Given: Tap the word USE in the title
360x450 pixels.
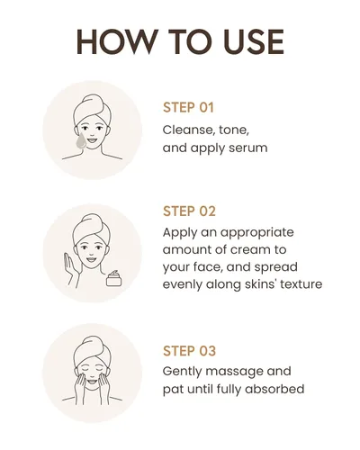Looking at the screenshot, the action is (254, 41).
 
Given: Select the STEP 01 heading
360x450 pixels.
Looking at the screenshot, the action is (188, 108).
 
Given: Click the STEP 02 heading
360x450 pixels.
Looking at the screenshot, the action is (189, 211).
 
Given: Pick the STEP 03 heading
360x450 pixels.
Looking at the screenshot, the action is (189, 351).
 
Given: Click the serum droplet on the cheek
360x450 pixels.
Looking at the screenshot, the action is (80, 141).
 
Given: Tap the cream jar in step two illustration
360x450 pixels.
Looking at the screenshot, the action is (114, 278).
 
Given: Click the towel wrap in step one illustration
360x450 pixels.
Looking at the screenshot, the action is (92, 108).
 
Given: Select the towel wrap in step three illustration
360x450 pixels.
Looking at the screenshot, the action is (92, 349).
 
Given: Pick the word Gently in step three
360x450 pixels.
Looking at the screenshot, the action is (183, 372).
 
